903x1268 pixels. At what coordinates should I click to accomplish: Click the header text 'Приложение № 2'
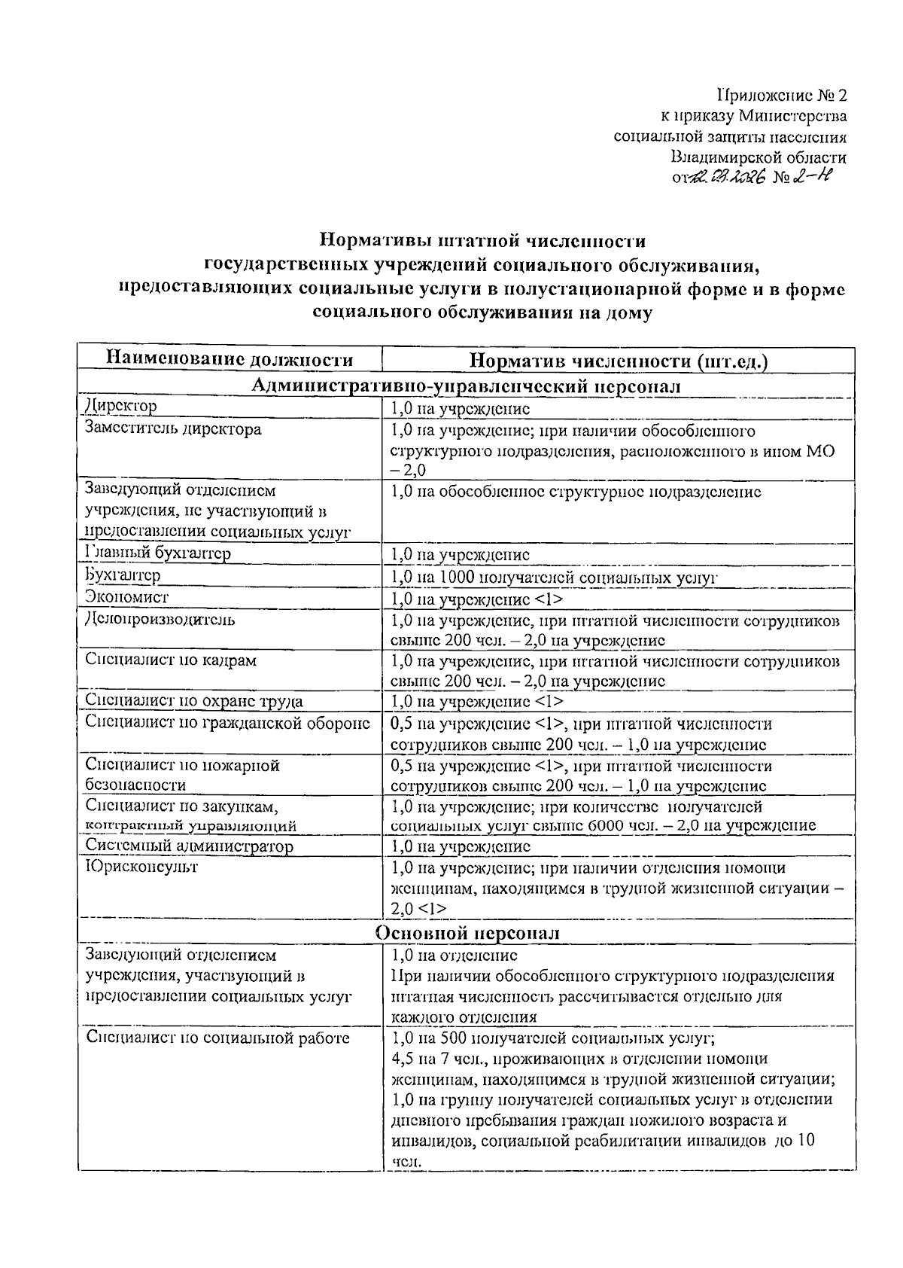pyautogui.click(x=782, y=96)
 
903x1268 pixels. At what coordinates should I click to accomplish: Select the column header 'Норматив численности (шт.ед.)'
pyautogui.click(x=619, y=361)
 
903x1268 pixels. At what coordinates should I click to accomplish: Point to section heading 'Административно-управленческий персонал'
pyautogui.click(x=466, y=386)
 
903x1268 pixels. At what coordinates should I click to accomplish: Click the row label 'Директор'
pyautogui.click(x=121, y=407)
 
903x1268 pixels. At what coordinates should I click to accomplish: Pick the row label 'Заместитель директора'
pyautogui.click(x=173, y=429)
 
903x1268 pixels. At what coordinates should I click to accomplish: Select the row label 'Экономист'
pyautogui.click(x=127, y=597)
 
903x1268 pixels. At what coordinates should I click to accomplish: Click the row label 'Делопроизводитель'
pyautogui.click(x=160, y=620)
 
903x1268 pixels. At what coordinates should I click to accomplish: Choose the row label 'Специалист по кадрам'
pyautogui.click(x=171, y=660)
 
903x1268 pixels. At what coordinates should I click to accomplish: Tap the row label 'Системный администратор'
pyautogui.click(x=189, y=846)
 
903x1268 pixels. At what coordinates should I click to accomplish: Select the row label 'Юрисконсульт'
pyautogui.click(x=141, y=867)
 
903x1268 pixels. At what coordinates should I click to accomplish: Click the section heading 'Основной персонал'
pyautogui.click(x=467, y=932)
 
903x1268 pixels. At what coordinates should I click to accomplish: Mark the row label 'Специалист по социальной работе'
pyautogui.click(x=218, y=1038)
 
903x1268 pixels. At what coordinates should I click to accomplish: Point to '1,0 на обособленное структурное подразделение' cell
pyautogui.click(x=576, y=492)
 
